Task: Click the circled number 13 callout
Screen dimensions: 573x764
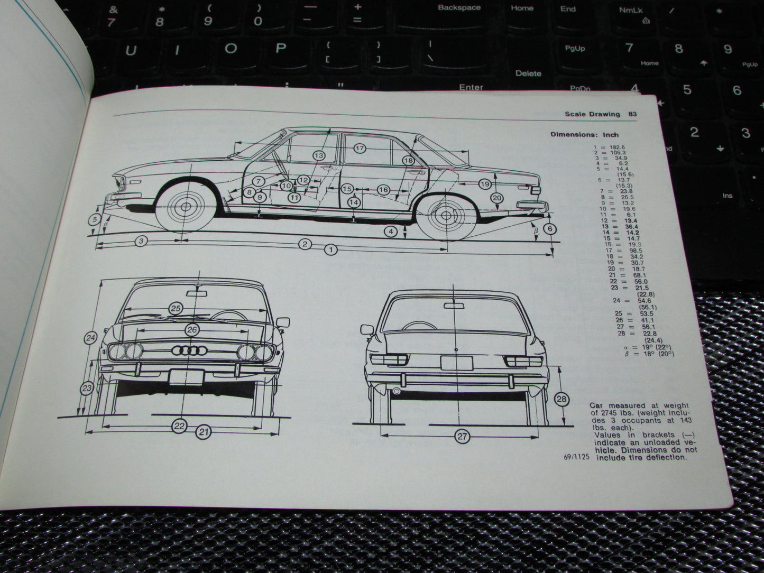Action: (319, 156)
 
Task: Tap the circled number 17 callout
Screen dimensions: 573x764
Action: (360, 149)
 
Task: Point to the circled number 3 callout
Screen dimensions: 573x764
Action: (140, 241)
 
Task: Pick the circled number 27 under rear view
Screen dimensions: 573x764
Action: (462, 437)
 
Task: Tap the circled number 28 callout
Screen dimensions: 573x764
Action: (562, 399)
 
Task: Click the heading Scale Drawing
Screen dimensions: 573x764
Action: (592, 114)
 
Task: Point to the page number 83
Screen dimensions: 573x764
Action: (632, 114)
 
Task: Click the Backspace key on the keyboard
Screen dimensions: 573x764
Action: (459, 8)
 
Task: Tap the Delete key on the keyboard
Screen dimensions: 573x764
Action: (528, 73)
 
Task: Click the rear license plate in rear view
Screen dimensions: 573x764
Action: (457, 363)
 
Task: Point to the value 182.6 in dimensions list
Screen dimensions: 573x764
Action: (618, 147)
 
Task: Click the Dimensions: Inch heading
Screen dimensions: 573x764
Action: (584, 134)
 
